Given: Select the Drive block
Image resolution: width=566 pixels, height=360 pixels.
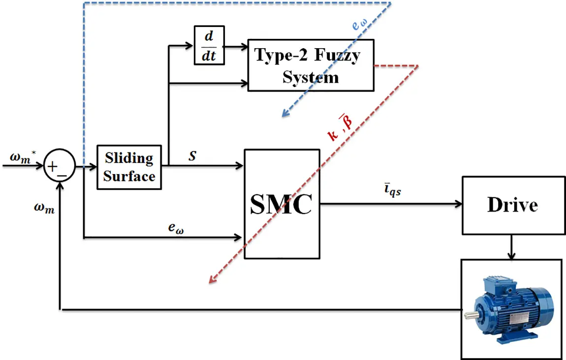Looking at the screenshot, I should click(x=512, y=205).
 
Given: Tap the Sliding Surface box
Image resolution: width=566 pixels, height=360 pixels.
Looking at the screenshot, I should click(x=129, y=167).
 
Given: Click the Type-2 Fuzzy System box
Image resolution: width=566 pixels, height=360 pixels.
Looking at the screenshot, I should click(x=310, y=66).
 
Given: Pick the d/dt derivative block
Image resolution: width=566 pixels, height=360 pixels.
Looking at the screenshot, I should click(x=209, y=45).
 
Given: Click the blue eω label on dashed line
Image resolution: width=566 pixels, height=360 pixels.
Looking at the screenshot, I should click(x=360, y=25).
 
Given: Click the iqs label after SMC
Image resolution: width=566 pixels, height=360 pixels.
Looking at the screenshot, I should click(x=392, y=191).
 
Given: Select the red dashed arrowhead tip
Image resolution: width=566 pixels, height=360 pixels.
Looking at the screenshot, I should click(x=210, y=283).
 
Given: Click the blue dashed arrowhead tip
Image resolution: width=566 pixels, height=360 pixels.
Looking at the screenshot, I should click(x=283, y=116).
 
